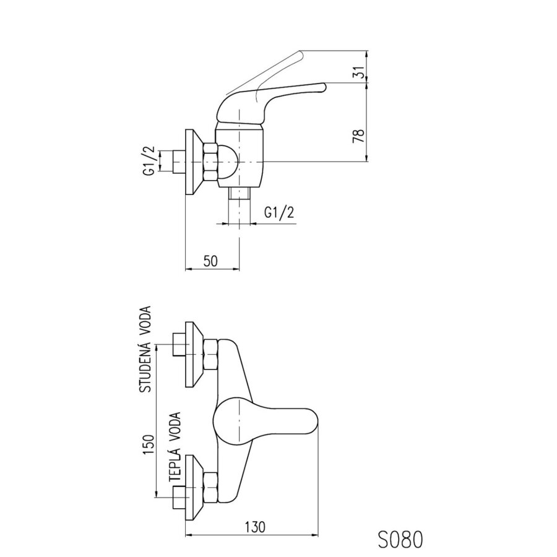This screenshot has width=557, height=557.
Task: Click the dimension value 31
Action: point(360,72)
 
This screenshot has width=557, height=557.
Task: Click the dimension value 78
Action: point(359,136)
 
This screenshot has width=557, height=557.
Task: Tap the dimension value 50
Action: point(210,261)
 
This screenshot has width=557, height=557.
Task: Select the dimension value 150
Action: point(148,444)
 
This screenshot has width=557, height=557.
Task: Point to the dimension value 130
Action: point(255,527)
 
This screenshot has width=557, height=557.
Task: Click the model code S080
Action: point(400,539)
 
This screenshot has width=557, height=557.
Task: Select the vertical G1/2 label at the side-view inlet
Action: point(150,161)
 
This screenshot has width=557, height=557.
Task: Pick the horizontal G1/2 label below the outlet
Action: point(279,212)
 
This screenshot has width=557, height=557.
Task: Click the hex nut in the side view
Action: point(210,162)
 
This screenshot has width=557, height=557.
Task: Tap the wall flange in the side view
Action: point(194,162)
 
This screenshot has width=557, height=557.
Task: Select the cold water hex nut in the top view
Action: point(210,355)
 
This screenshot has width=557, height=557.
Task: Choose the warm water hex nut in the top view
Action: point(210,488)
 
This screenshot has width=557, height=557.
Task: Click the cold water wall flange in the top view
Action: point(194,355)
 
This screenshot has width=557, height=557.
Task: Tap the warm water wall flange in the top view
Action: point(194,488)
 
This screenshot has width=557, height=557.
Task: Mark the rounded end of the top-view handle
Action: point(316,421)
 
